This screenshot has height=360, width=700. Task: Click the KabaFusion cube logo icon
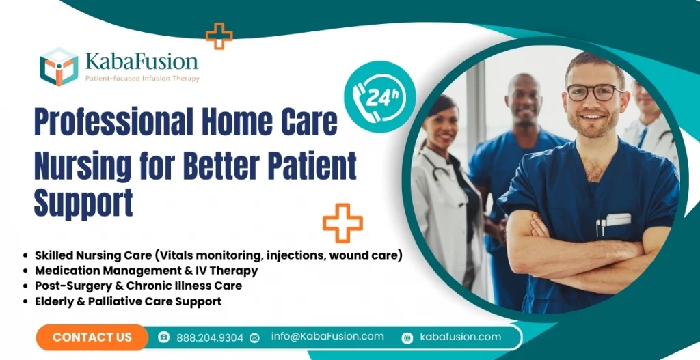(59, 66)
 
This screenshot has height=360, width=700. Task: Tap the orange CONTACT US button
(92, 337)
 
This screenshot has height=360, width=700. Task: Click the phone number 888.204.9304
(209, 337)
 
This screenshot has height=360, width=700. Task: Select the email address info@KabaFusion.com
(327, 336)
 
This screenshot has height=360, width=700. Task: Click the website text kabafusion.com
(460, 337)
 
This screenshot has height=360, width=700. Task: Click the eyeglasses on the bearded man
(593, 92)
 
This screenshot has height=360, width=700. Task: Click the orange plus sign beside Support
(342, 223)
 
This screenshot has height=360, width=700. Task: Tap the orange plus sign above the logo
(219, 35)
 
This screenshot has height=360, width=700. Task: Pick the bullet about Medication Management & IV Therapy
(146, 270)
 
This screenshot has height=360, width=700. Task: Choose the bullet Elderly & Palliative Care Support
(128, 301)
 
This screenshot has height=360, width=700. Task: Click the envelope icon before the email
(255, 337)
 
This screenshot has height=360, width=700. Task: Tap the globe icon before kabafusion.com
(407, 337)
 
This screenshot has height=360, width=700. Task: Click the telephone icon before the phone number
(164, 337)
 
